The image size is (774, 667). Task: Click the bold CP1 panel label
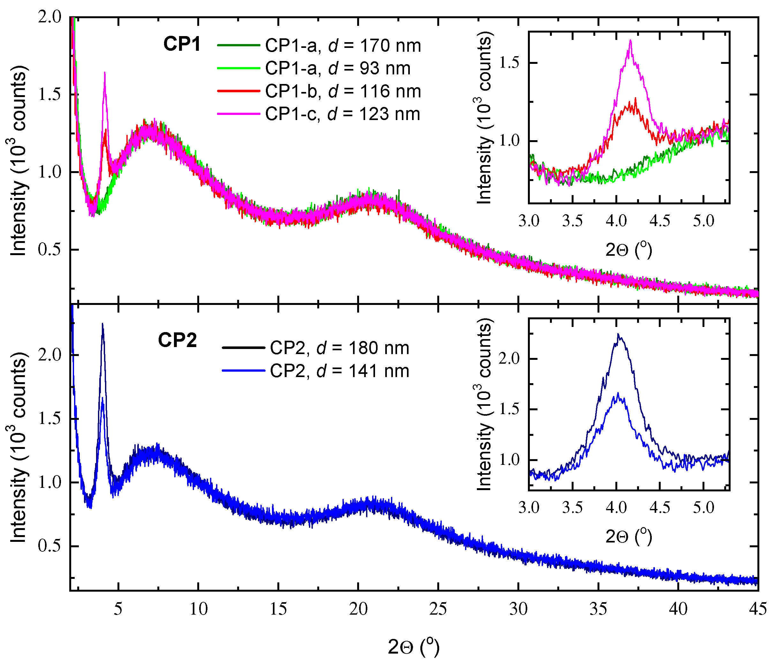(x=182, y=44)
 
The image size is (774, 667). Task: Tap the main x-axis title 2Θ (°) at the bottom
(x=414, y=647)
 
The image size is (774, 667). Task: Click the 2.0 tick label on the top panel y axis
(x=50, y=17)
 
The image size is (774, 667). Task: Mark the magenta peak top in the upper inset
(x=631, y=41)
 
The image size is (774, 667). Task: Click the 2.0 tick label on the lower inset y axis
(x=509, y=359)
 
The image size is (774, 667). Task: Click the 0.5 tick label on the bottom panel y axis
(x=50, y=546)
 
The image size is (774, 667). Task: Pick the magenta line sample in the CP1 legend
(x=238, y=114)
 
